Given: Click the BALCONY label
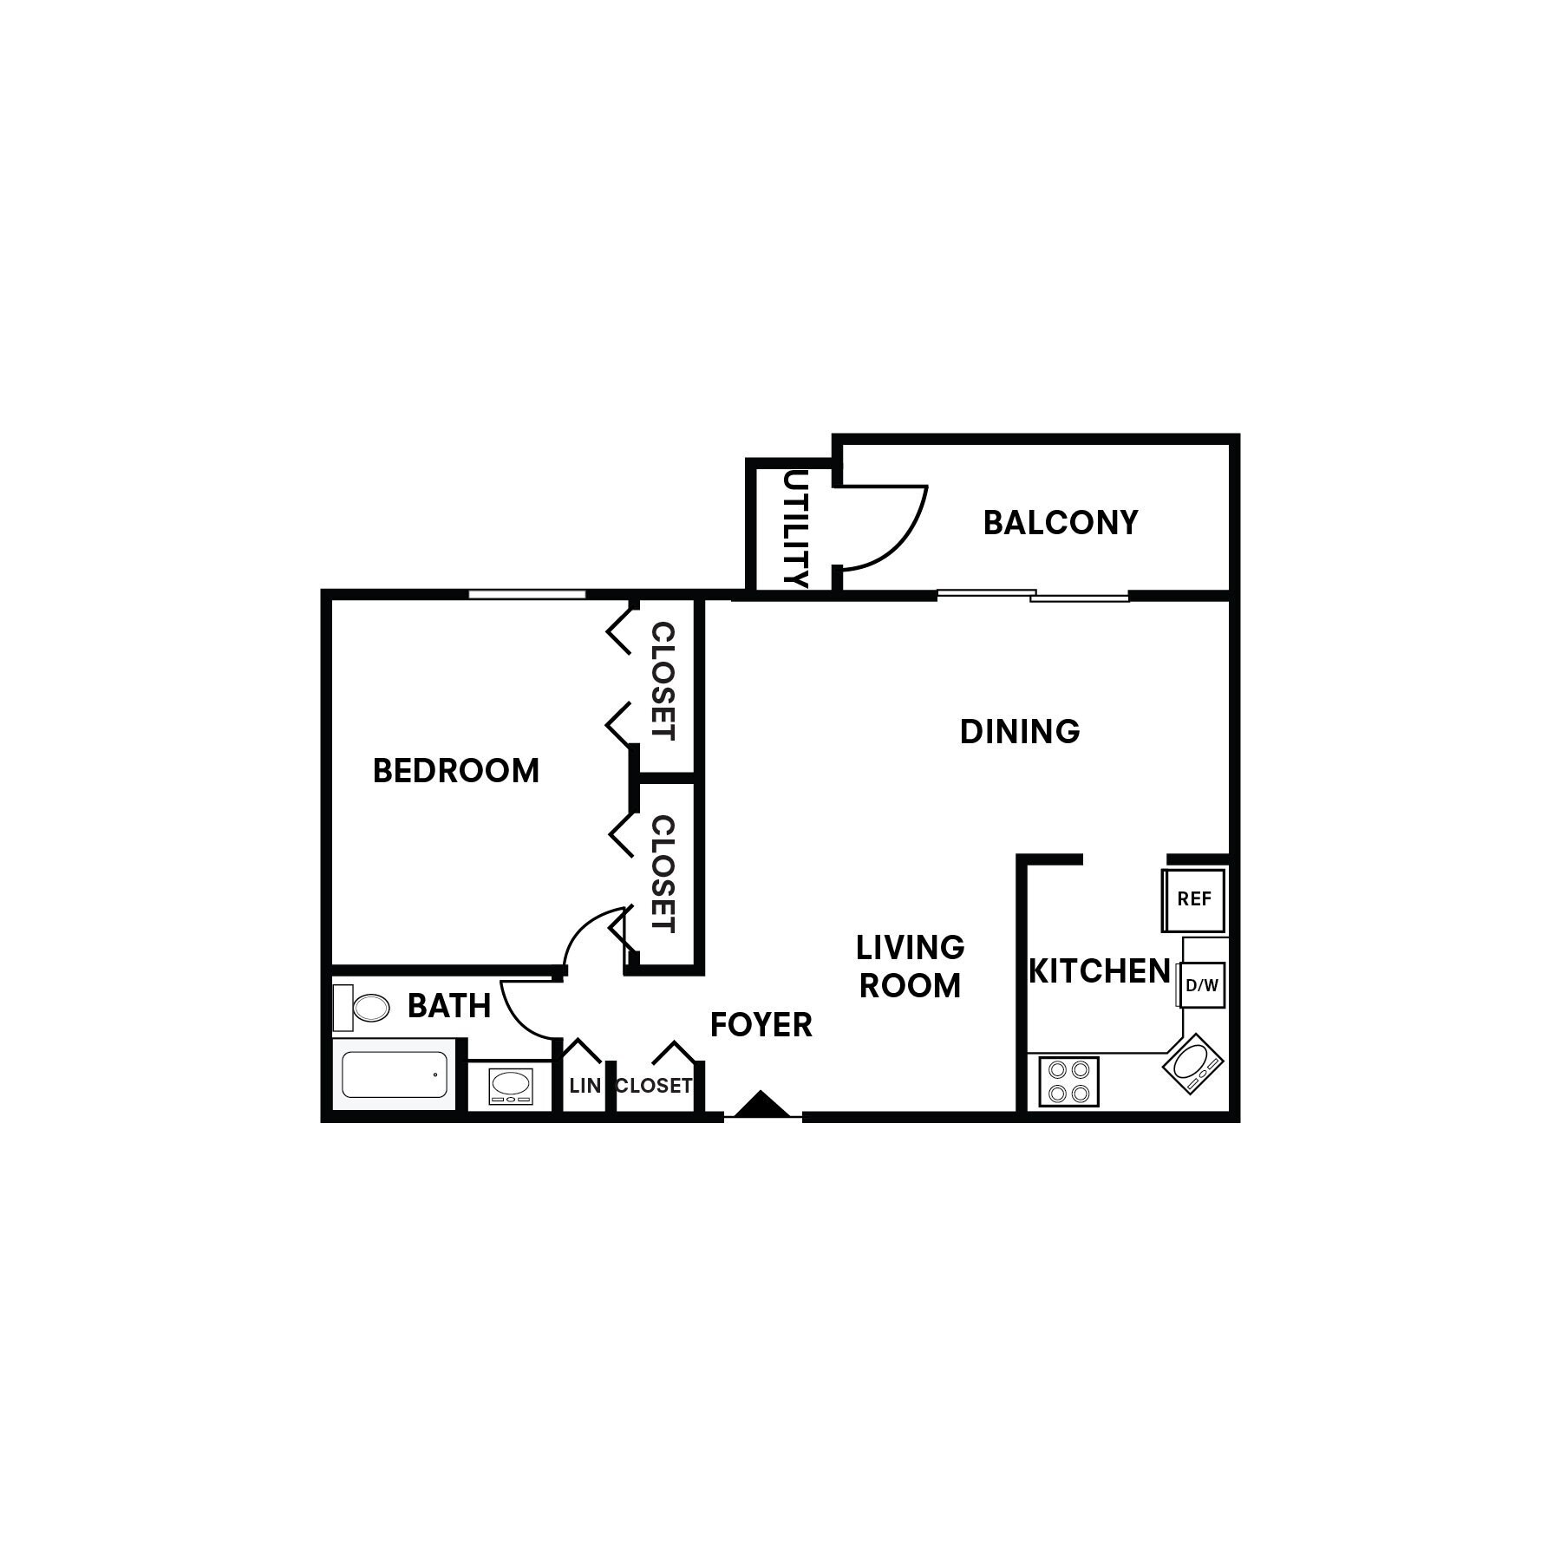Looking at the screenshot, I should tap(1060, 523).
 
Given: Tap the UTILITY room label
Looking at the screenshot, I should tap(795, 529).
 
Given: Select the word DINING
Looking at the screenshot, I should tap(1020, 732).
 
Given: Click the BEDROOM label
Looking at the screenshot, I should tap(456, 771).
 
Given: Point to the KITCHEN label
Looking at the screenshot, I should tap(1100, 971).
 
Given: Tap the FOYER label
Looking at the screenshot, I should tap(761, 1025).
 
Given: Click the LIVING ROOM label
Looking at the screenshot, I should tap(910, 966).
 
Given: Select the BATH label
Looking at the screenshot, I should tap(449, 1006).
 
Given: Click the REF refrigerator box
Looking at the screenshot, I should tap(1194, 899).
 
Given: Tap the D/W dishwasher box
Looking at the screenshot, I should tap(1202, 985).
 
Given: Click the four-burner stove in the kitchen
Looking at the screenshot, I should tap(1068, 1081).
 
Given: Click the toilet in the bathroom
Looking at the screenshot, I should tap(362, 1008).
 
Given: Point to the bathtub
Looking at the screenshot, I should tap(395, 1074).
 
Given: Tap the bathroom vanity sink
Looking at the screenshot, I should tap(511, 1084).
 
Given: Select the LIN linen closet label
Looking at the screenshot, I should tap(585, 1086).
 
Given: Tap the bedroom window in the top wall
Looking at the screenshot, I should tap(527, 594).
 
